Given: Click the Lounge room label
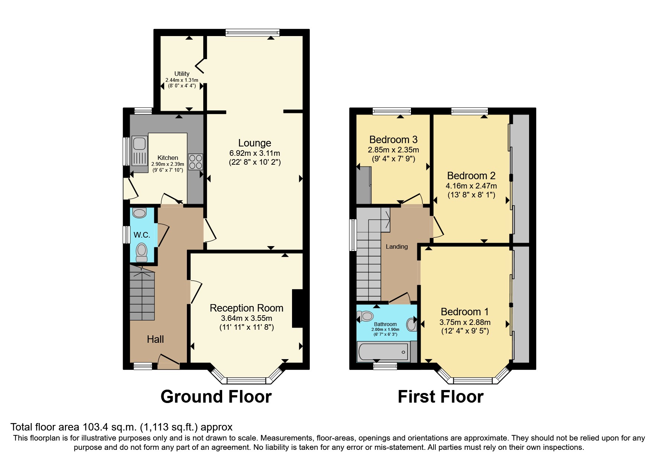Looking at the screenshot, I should pyautogui.click(x=255, y=143).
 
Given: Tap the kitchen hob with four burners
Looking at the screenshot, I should pyautogui.click(x=195, y=162).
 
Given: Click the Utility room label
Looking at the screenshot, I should pyautogui.click(x=182, y=74).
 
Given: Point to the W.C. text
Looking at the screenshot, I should pyautogui.click(x=142, y=235).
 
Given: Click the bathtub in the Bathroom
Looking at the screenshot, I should pyautogui.click(x=383, y=352).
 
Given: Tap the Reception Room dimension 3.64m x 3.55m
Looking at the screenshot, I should pyautogui.click(x=246, y=318).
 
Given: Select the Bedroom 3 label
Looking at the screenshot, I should pyautogui.click(x=393, y=140).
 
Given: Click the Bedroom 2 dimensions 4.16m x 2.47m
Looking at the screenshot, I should pyautogui.click(x=471, y=186).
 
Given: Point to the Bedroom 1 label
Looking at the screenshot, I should pyautogui.click(x=464, y=312).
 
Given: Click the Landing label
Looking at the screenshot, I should pyautogui.click(x=396, y=246).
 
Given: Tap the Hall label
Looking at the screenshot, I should pyautogui.click(x=155, y=339).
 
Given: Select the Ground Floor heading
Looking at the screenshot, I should pyautogui.click(x=216, y=397).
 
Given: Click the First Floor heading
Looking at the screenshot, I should pyautogui.click(x=440, y=397).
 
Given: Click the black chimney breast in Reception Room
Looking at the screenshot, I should pyautogui.click(x=298, y=309).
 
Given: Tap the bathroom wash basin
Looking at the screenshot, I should pyautogui.click(x=411, y=324).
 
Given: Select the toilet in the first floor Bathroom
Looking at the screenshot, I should pyautogui.click(x=365, y=316).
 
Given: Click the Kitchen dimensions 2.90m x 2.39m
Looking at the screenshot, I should pyautogui.click(x=168, y=164).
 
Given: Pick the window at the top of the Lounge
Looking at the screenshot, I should pyautogui.click(x=252, y=33).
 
